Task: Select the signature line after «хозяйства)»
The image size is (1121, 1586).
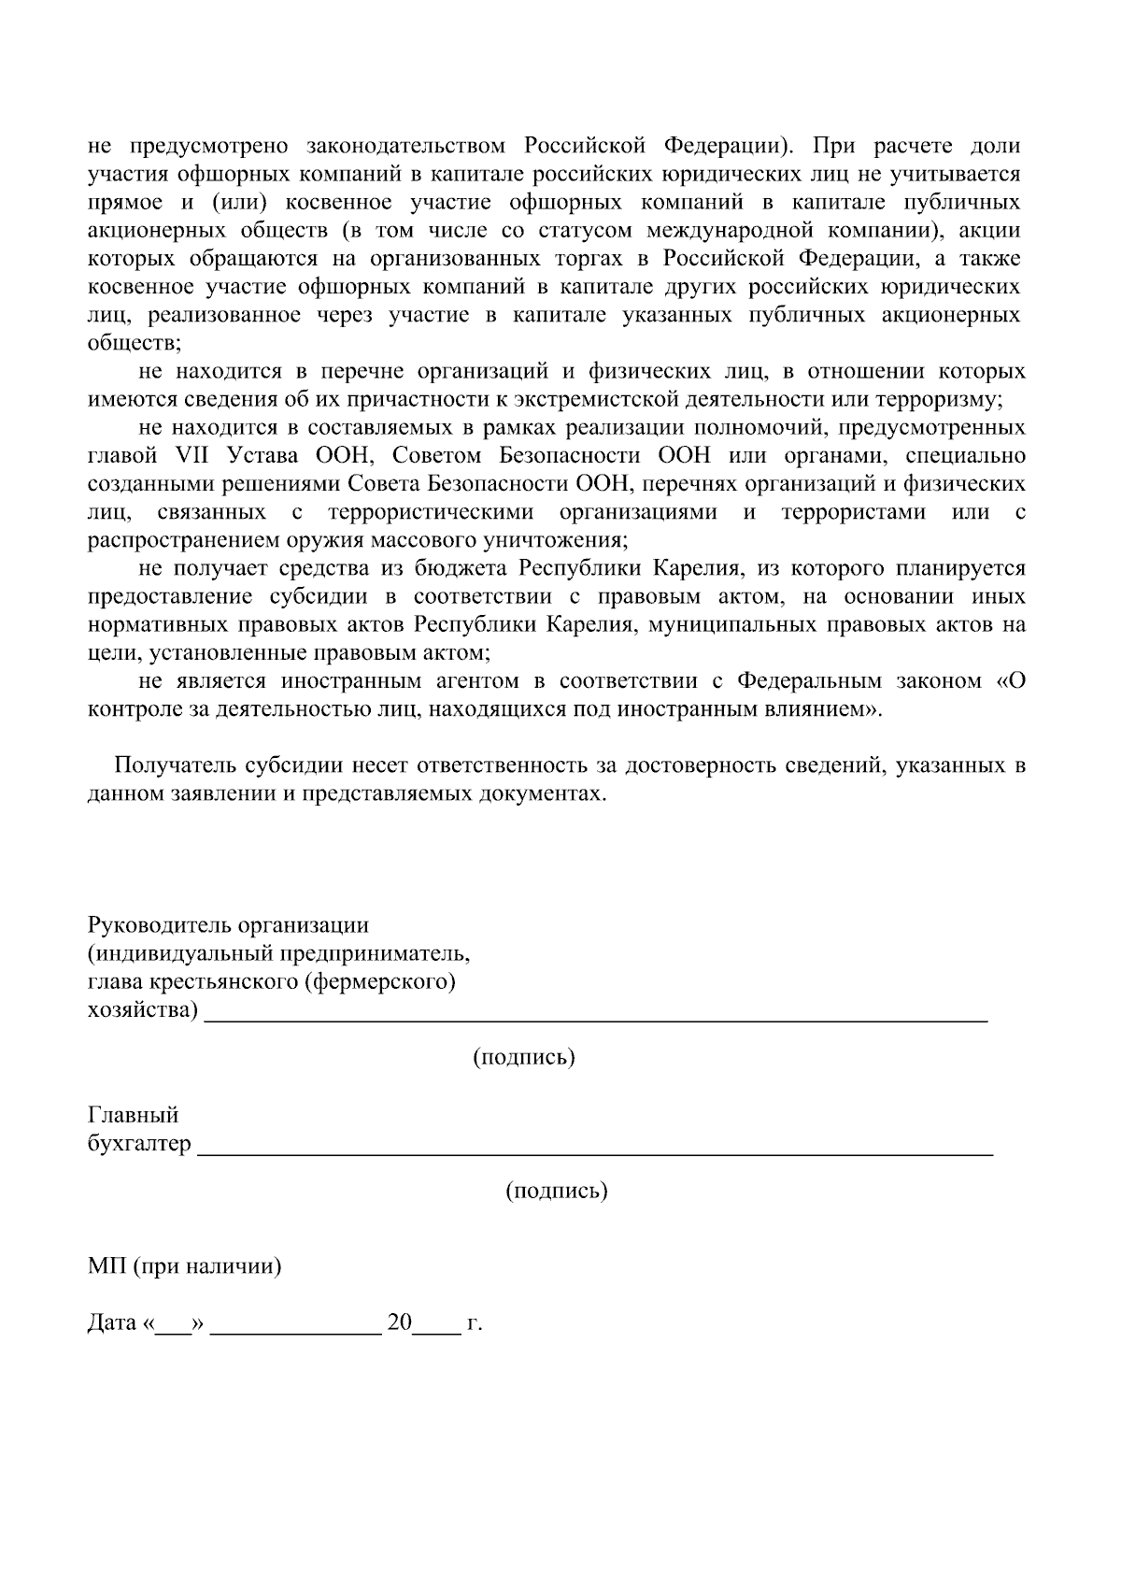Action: coord(596,1019)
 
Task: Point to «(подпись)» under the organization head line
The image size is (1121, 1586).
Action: coord(523,1057)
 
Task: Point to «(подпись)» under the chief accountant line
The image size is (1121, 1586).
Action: coord(557,1191)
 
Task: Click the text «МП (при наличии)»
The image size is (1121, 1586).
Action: coord(185,1267)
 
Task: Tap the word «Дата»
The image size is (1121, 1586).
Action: coord(112,1324)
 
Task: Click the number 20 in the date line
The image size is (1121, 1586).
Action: coord(400,1323)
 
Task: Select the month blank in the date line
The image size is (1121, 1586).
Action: coord(296,1327)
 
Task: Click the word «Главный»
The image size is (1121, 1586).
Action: coord(133,1115)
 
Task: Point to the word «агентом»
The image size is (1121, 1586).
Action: coord(479,681)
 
